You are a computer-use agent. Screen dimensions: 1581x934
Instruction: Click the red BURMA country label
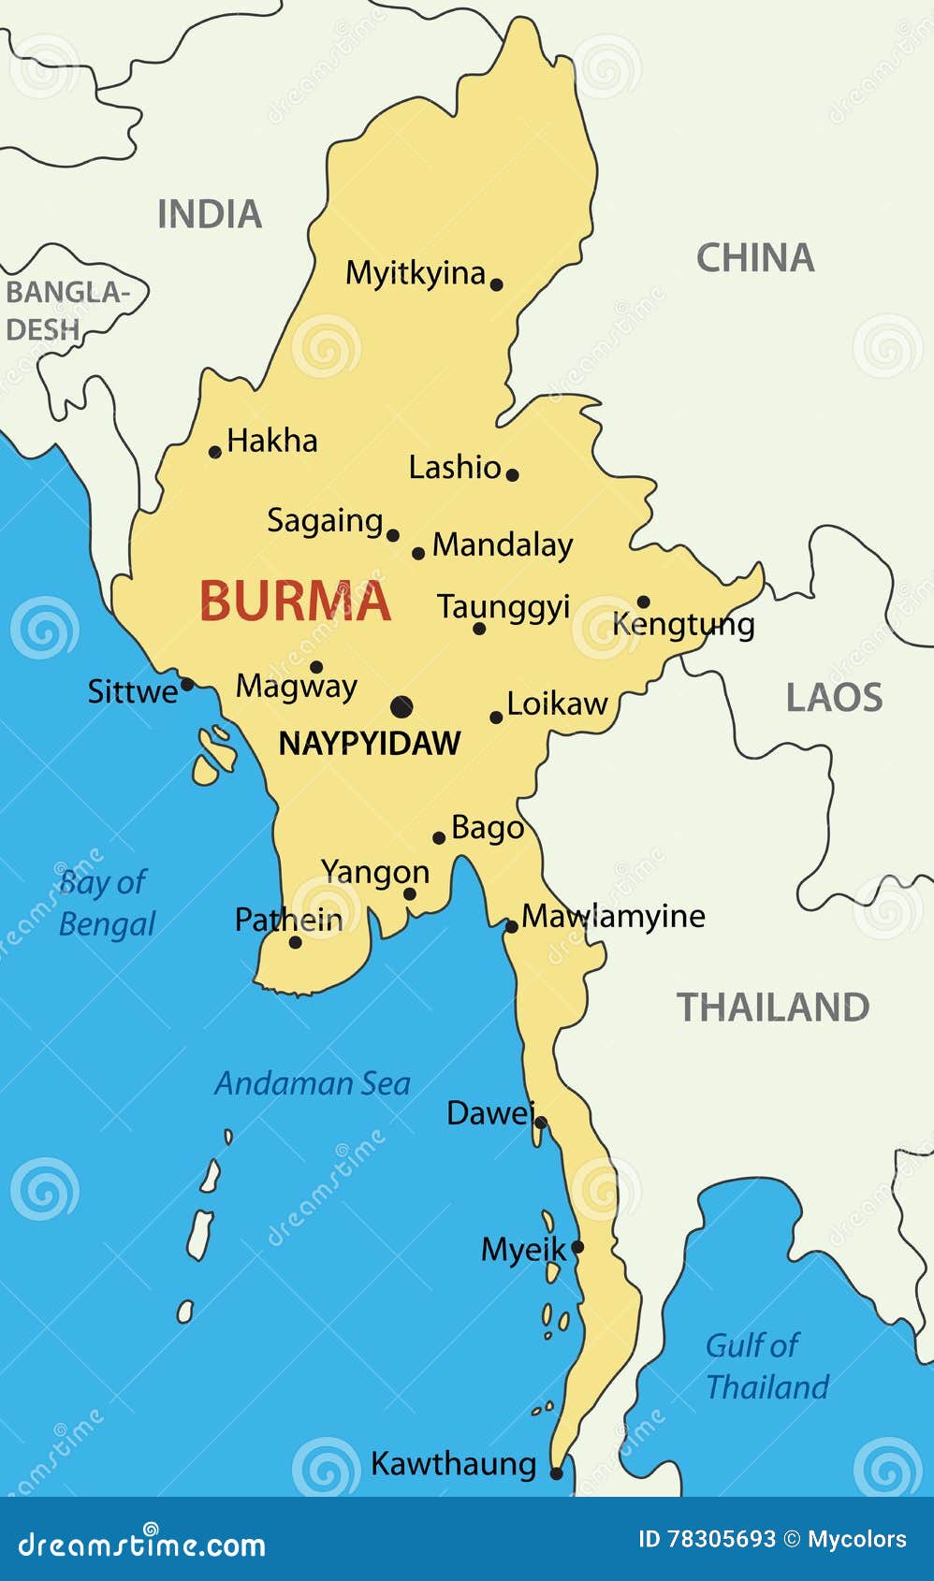coord(295,602)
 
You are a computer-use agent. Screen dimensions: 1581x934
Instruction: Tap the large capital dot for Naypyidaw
coord(401,706)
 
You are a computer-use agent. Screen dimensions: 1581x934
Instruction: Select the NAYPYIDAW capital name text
coord(370,744)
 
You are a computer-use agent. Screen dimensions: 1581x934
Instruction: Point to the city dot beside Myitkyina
coord(497,284)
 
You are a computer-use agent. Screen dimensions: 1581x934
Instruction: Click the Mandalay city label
coord(503,545)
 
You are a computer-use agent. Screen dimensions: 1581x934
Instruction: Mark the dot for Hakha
coord(215,452)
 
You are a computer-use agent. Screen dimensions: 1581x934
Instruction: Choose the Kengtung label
coord(683,625)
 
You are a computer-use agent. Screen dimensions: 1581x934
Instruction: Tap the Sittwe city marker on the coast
coord(187,685)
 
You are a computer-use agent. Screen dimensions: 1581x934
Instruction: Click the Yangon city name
coord(375,872)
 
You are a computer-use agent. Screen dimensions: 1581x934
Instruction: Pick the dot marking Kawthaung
coord(556,1473)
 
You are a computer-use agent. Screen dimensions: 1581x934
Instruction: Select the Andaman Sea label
coord(313,1083)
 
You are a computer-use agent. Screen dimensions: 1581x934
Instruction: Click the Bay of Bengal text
coord(105,903)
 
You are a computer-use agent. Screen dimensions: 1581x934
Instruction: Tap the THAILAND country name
coord(773,1008)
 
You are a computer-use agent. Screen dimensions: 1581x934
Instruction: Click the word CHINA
coord(755,258)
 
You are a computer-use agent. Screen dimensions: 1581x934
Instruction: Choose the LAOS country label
coord(834,698)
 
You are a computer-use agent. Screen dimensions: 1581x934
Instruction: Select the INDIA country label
coord(210,214)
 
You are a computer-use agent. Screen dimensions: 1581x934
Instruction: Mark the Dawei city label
coord(489,1113)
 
